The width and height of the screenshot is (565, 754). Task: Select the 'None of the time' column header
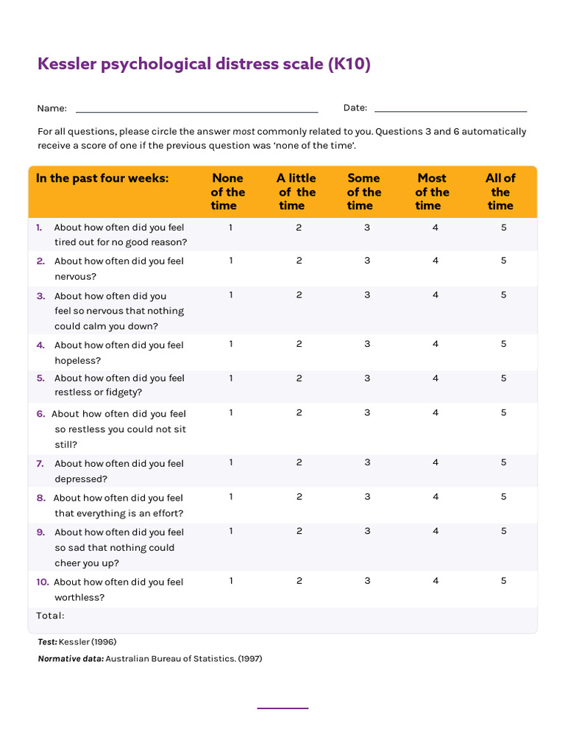pos(227,191)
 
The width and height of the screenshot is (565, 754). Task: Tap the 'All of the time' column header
pos(500,191)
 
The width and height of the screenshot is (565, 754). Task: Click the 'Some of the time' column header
pos(363,191)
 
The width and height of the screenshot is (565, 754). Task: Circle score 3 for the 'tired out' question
pos(367,228)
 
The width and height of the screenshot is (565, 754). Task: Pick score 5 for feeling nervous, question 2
pos(504,260)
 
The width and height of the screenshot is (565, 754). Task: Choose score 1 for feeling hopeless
pos(231,344)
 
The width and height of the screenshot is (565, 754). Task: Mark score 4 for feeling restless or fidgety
pos(436,378)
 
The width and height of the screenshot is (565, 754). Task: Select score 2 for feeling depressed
pos(299,462)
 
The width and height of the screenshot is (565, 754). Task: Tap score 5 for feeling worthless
pos(504,580)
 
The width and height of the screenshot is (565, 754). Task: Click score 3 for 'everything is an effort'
pos(367,496)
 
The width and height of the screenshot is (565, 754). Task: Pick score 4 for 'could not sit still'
pos(436,412)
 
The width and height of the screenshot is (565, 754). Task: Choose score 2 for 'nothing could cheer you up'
pos(299,531)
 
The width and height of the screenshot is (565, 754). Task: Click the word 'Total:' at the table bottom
pos(51,616)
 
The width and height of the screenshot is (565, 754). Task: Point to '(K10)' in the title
pos(349,65)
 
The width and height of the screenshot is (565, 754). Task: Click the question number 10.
pos(43,582)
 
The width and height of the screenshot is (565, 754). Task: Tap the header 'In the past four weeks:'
pos(102,178)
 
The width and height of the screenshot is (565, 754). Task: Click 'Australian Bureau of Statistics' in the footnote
pos(170,659)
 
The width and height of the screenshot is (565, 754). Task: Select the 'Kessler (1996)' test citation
pos(88,642)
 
